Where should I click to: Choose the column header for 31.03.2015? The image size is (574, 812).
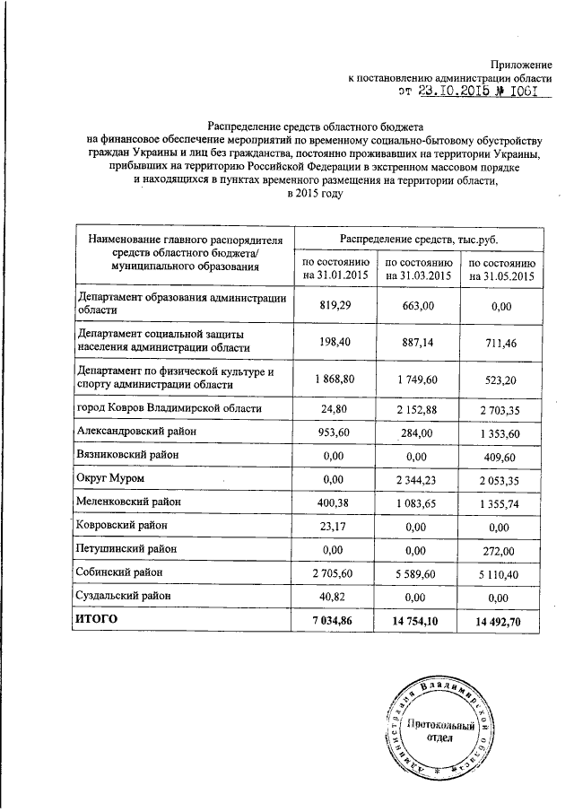pos(417,268)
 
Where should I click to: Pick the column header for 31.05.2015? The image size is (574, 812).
pos(500,268)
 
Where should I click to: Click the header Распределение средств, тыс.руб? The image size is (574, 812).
pos(418,240)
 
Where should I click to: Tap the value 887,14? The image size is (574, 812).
pos(418,339)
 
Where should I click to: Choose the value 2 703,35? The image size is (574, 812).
pos(500,409)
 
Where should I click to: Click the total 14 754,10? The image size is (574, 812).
pos(418,619)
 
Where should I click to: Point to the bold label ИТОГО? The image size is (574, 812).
pos(98,619)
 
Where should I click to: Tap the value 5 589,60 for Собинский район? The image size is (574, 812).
pos(418,571)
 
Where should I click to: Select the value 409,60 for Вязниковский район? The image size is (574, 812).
pos(500,456)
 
